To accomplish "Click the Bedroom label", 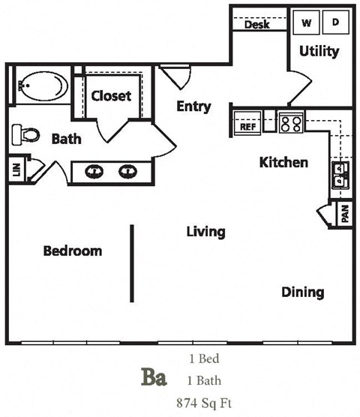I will coord(72,250).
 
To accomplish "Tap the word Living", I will coord(205,232).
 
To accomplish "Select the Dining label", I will coord(303,292).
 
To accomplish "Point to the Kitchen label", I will coord(283,162).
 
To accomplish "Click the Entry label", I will coord(193,106).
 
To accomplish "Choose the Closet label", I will coord(111,96).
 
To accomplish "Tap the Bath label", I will coord(66,139).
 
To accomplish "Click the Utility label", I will coord(319,52).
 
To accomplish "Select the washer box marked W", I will coord(307,22).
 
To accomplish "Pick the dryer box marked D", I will coord(335,22).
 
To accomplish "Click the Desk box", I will coord(258,25).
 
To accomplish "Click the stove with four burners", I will coord(290,122).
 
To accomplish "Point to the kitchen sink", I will coord(340,175).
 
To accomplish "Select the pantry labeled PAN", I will coord(344,214).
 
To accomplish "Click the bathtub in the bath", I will coord(42,86).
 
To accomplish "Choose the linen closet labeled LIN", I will coord(16,169).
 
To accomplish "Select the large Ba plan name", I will coord(154,376).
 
